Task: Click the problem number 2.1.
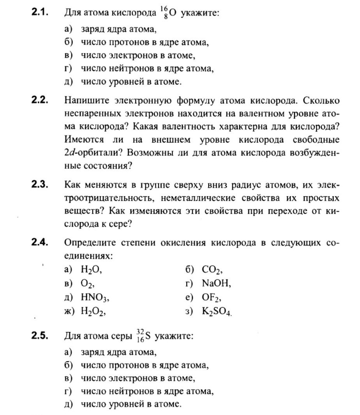(40, 12)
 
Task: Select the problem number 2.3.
(40, 185)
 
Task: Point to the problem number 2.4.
(40, 242)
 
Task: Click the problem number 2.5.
(40, 335)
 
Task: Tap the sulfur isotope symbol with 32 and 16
(145, 336)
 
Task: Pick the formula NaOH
(216, 283)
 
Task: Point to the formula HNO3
(95, 298)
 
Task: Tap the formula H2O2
(94, 311)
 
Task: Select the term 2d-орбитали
(92, 152)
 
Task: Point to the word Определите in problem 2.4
(89, 243)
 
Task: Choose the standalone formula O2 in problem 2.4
(87, 284)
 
